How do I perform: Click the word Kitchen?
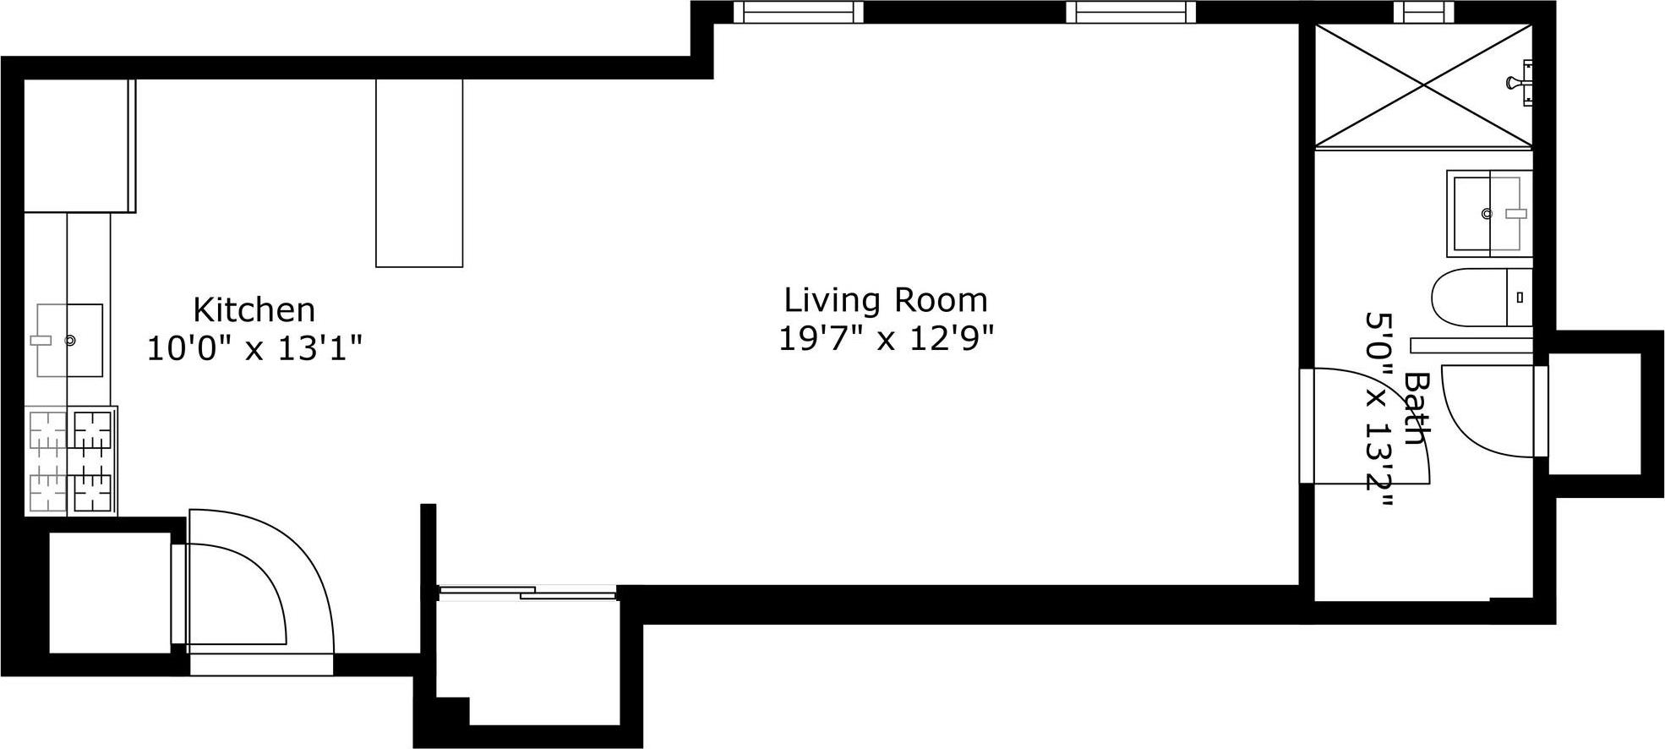click(254, 310)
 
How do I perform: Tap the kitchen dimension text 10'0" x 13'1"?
click(254, 347)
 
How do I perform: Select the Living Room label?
click(886, 300)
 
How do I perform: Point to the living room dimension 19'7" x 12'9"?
click(886, 338)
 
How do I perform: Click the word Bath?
click(1417, 407)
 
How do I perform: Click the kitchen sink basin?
click(69, 340)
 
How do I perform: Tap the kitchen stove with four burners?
click(71, 461)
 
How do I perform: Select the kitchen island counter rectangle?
click(419, 172)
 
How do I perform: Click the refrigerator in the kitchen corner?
click(79, 145)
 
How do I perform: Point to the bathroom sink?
click(1489, 213)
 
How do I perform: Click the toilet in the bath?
click(1481, 298)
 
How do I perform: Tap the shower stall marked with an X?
click(1425, 85)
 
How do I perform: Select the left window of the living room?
click(799, 12)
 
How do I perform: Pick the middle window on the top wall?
click(1131, 12)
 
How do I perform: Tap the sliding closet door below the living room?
click(528, 593)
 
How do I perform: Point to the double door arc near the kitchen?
click(262, 583)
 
